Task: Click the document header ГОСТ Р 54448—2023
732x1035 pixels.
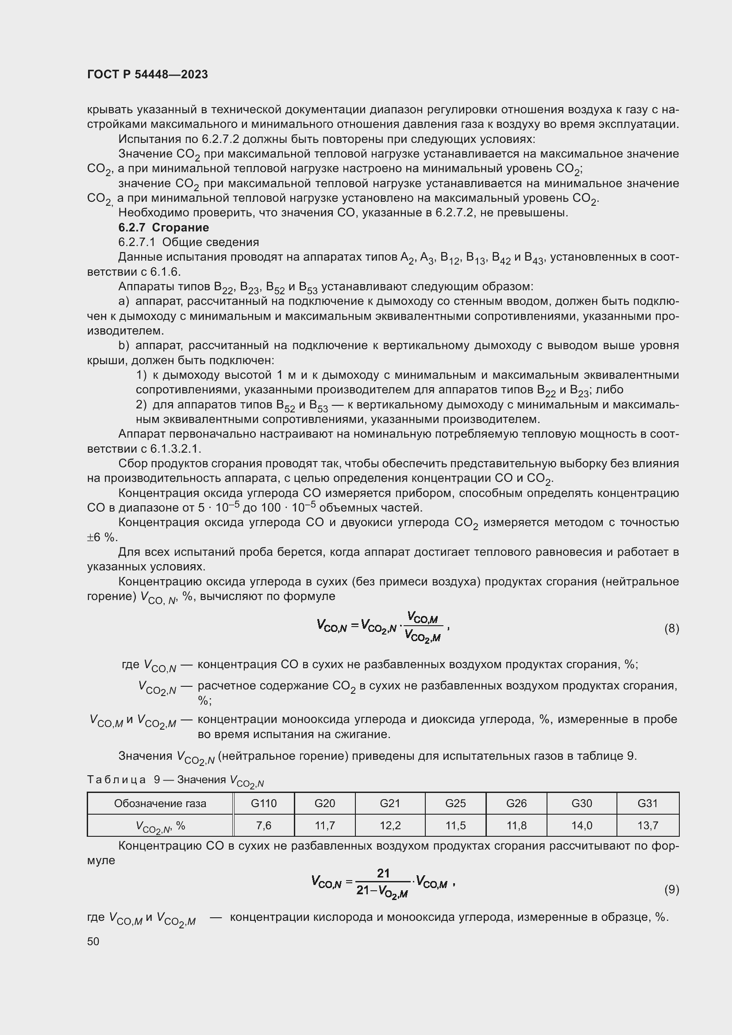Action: [x=147, y=74]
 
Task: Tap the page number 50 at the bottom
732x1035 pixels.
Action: [x=93, y=941]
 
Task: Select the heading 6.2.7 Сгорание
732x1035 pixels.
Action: [x=164, y=227]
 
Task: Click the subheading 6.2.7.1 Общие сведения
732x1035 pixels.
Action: [x=189, y=242]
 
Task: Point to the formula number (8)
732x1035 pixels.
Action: [x=671, y=628]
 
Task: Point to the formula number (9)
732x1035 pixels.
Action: [x=671, y=889]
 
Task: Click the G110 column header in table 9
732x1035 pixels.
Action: [x=264, y=803]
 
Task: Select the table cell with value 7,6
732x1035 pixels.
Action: [x=264, y=825]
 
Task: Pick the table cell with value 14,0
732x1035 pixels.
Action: [x=582, y=825]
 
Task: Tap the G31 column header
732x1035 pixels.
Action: [x=647, y=803]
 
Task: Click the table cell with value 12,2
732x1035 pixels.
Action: [x=390, y=825]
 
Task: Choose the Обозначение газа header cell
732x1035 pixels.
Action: [x=160, y=803]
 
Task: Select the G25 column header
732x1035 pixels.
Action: [x=455, y=803]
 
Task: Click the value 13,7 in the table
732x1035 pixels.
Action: [x=647, y=825]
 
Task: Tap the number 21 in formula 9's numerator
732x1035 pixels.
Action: [x=383, y=873]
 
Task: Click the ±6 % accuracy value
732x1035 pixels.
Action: [x=102, y=537]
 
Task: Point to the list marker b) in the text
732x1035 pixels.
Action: [x=123, y=346]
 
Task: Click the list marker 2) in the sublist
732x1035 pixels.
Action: [x=141, y=405]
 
